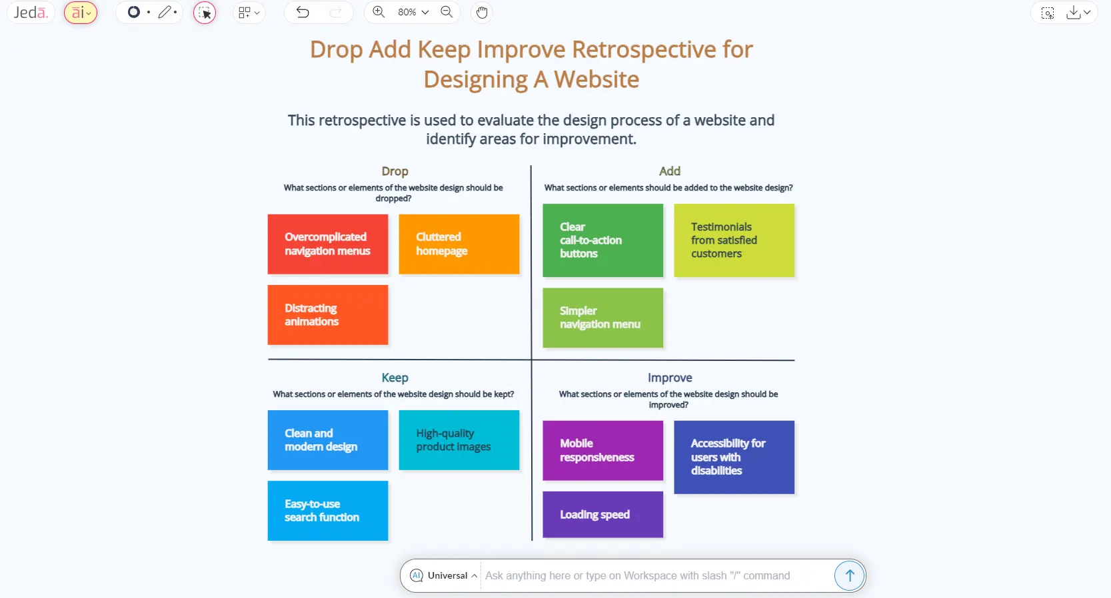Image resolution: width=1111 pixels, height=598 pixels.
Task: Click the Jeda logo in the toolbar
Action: (31, 13)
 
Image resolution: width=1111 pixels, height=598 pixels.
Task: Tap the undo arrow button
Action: (303, 13)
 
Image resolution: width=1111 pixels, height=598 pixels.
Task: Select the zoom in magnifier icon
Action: (379, 12)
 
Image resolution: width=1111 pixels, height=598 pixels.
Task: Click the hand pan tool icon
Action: (482, 13)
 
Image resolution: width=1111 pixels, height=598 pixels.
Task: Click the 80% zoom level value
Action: (407, 13)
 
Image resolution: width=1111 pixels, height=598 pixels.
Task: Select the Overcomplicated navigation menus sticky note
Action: (327, 244)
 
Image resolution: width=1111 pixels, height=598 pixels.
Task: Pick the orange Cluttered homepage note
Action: (459, 244)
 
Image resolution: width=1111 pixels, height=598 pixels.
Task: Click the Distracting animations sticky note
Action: (327, 314)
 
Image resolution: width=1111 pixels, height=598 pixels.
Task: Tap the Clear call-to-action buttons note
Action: (602, 240)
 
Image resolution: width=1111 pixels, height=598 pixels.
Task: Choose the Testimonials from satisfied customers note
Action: (734, 240)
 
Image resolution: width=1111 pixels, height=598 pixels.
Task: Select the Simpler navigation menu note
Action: (602, 318)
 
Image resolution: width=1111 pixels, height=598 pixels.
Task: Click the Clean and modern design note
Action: (327, 440)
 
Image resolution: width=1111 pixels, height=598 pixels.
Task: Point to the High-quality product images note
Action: (459, 440)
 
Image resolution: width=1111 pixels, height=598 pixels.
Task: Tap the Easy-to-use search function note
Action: (327, 510)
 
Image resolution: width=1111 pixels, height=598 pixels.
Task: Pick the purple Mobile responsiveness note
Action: (602, 450)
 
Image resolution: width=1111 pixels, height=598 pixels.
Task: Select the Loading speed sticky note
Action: (602, 514)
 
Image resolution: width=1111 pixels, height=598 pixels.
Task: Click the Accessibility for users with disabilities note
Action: (734, 457)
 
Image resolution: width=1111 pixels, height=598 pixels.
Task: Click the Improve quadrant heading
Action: (669, 378)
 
